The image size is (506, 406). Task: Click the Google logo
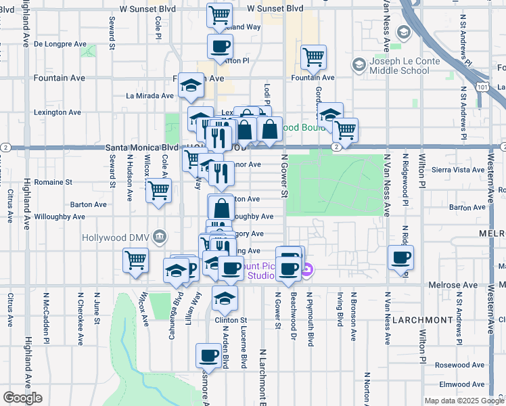[22, 398]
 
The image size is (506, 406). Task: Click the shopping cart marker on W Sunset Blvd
[220, 15]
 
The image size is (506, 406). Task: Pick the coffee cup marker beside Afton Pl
[220, 47]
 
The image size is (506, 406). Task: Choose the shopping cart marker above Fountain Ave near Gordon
[313, 58]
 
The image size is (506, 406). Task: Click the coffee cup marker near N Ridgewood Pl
[400, 257]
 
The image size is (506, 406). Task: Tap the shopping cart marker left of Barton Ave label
[158, 191]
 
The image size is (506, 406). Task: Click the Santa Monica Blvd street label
[141, 147]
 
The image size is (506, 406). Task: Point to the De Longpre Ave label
[60, 44]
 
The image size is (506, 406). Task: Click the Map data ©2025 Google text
[463, 401]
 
